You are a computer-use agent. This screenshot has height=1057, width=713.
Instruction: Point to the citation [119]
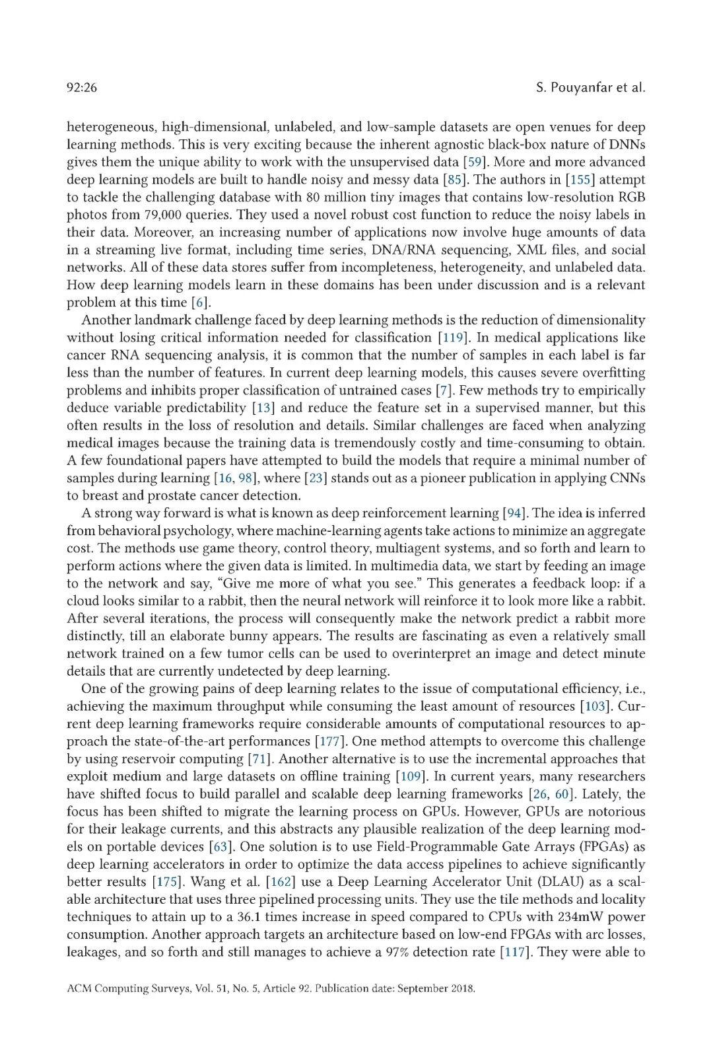(453, 338)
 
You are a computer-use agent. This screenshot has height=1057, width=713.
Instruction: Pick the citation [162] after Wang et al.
(280, 882)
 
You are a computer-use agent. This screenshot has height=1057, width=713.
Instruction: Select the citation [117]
(516, 952)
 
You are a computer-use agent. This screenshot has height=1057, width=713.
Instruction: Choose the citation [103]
(595, 706)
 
